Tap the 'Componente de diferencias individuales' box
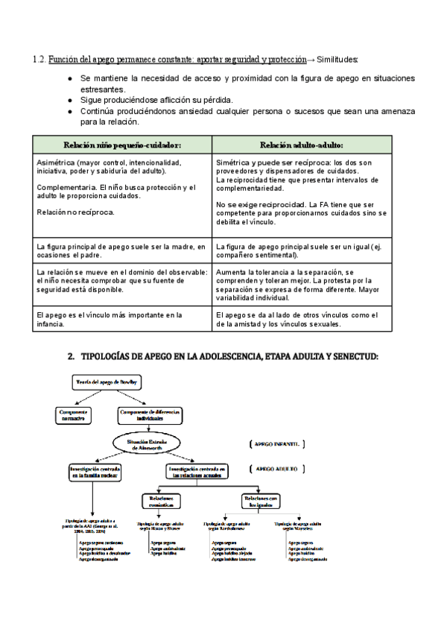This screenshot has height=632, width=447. tap(150, 415)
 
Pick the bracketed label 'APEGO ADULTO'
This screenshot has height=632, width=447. tap(276, 469)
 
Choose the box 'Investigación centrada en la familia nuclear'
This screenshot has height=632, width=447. tap(95, 472)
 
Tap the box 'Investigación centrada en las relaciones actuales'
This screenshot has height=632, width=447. tap(197, 471)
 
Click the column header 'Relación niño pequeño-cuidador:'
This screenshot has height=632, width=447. tap(123, 145)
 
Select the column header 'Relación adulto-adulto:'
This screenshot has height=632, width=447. tap(301, 145)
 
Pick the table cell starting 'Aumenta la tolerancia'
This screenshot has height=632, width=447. tap(301, 284)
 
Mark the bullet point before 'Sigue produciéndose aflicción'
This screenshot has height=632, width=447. tap(69, 100)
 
